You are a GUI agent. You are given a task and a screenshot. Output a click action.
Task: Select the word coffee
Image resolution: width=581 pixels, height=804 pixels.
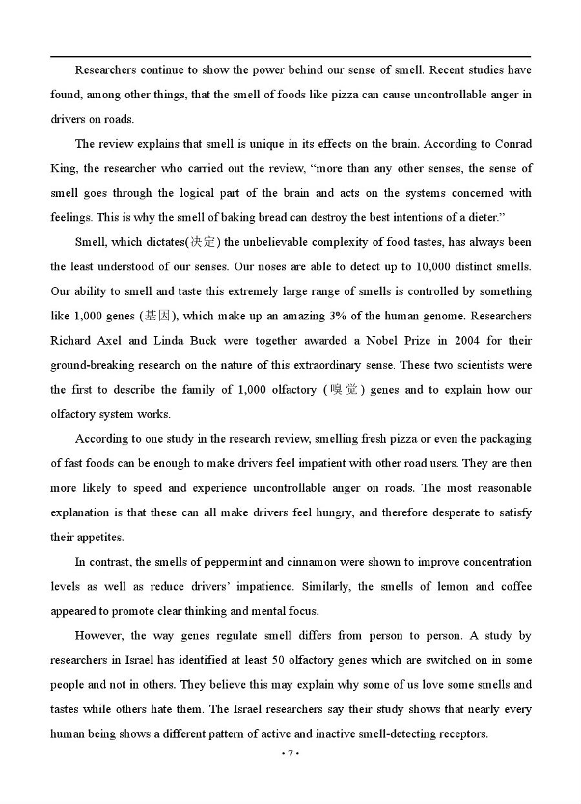pyautogui.click(x=514, y=587)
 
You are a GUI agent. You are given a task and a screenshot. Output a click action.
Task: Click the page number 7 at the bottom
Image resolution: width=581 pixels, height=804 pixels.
pyautogui.click(x=291, y=754)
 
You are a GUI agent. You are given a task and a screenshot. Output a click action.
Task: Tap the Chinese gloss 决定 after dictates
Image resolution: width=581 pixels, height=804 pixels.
pyautogui.click(x=203, y=243)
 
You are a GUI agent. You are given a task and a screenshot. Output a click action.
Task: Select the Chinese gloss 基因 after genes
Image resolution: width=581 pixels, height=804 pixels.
pyautogui.click(x=159, y=316)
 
